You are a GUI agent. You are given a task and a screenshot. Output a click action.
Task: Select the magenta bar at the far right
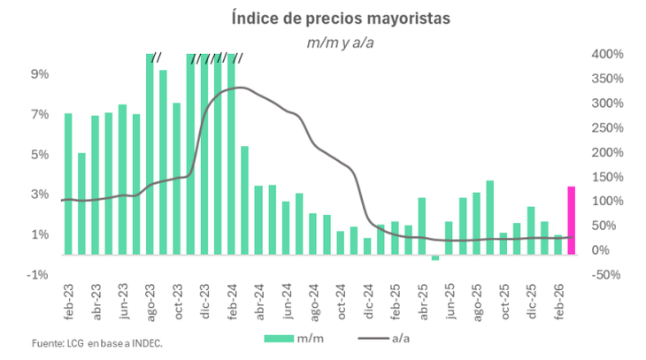(571, 220)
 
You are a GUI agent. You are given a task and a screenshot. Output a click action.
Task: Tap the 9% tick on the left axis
(40, 74)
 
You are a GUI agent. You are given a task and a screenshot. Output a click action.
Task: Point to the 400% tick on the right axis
(607, 54)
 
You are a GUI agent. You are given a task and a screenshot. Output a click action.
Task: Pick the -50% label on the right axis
(607, 275)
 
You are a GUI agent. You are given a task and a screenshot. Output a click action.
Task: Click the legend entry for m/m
(295, 337)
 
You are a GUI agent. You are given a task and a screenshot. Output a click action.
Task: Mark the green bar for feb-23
(68, 184)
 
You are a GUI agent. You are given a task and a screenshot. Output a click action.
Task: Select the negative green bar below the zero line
(435, 257)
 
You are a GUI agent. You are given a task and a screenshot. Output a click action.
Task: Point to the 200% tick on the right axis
(607, 152)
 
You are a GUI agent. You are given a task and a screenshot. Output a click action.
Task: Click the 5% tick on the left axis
(40, 154)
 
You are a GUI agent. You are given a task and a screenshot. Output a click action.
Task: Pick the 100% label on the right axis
(607, 202)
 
